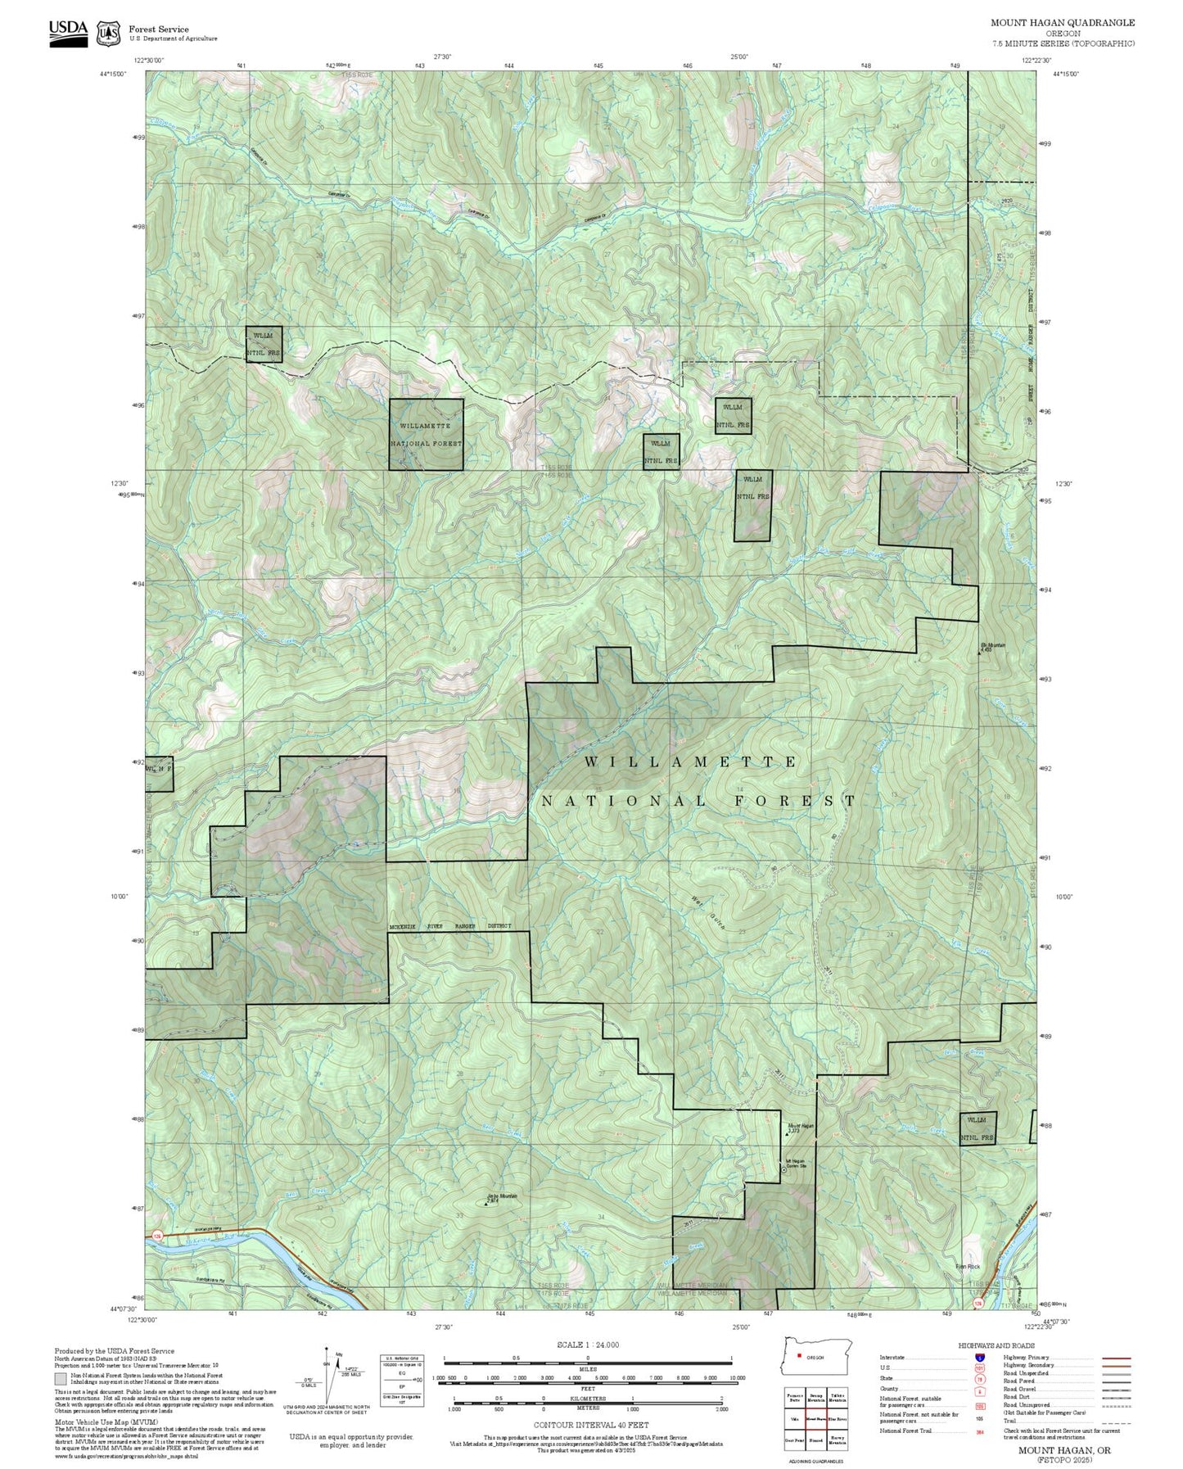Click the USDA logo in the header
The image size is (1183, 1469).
tap(68, 33)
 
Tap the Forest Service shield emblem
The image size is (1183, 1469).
tap(108, 34)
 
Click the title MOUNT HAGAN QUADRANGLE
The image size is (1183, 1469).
tap(1062, 23)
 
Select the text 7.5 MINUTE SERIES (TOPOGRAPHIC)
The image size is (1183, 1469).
tap(1063, 43)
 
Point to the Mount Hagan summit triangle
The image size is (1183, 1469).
tap(787, 1134)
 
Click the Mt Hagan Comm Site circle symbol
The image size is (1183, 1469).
tap(781, 1161)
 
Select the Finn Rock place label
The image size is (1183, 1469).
tap(968, 1267)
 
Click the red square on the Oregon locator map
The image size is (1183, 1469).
tap(799, 1354)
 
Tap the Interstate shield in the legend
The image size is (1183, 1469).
tap(979, 1357)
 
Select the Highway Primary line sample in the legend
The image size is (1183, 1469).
tap(1116, 1358)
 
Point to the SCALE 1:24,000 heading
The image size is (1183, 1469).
tap(588, 1345)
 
